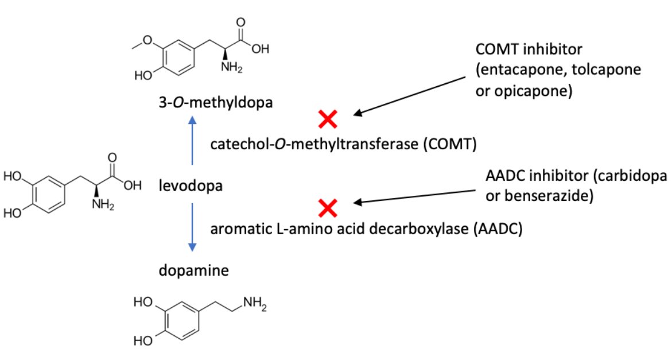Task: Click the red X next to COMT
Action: pyautogui.click(x=328, y=119)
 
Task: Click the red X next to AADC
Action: pyautogui.click(x=328, y=208)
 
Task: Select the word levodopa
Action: pyautogui.click(x=191, y=186)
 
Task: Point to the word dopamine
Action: pyautogui.click(x=193, y=269)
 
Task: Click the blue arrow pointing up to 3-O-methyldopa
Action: pyautogui.click(x=192, y=144)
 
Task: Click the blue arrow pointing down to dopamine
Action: pyautogui.click(x=192, y=226)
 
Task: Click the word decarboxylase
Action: pyautogui.click(x=409, y=229)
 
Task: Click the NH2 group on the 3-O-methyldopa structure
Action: pyautogui.click(x=232, y=68)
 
